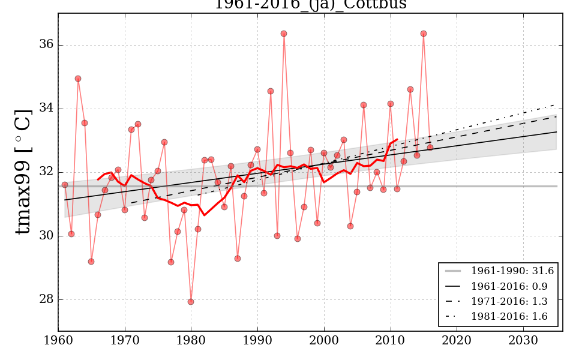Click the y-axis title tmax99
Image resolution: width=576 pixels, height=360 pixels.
23,172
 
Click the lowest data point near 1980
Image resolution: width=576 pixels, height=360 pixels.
191,302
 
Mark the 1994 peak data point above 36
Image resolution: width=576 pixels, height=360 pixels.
284,34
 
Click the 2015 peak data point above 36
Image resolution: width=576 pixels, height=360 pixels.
424,34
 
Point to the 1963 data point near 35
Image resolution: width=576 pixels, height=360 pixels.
78,79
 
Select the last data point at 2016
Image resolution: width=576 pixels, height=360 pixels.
430,147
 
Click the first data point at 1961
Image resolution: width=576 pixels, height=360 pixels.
65,185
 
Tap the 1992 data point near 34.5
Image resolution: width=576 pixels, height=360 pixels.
271,91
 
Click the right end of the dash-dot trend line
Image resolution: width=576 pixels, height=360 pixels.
556,104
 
